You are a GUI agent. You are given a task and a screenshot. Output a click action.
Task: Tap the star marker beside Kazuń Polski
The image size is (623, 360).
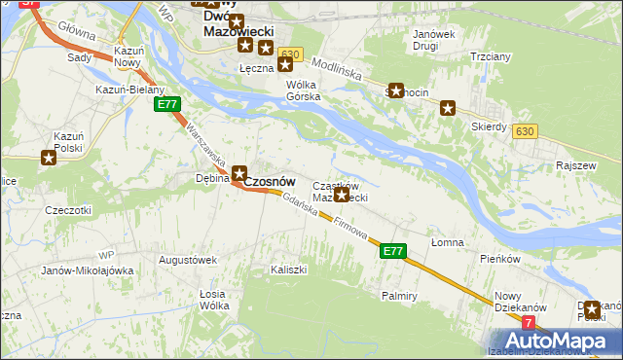(49, 157)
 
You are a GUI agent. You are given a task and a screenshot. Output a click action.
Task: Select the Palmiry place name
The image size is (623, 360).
(400, 294)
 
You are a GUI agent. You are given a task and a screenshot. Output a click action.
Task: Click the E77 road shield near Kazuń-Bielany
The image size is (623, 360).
(166, 104)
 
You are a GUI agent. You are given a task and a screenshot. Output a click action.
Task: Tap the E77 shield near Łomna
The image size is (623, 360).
(392, 251)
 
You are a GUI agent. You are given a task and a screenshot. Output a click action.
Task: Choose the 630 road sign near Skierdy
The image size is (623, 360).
(525, 131)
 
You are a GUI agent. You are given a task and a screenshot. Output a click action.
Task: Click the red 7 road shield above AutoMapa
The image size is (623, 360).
(529, 321)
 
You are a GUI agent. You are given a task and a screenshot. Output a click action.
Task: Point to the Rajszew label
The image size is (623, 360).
(575, 165)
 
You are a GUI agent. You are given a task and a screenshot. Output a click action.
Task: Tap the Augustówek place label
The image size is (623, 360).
(187, 260)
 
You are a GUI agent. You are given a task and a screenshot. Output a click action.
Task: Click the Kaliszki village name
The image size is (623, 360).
(289, 268)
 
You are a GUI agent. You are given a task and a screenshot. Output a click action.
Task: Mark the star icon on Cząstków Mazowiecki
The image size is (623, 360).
(342, 195)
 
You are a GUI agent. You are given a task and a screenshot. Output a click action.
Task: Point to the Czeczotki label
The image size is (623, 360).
(68, 209)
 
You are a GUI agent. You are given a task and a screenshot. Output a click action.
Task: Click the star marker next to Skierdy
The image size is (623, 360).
(448, 108)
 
